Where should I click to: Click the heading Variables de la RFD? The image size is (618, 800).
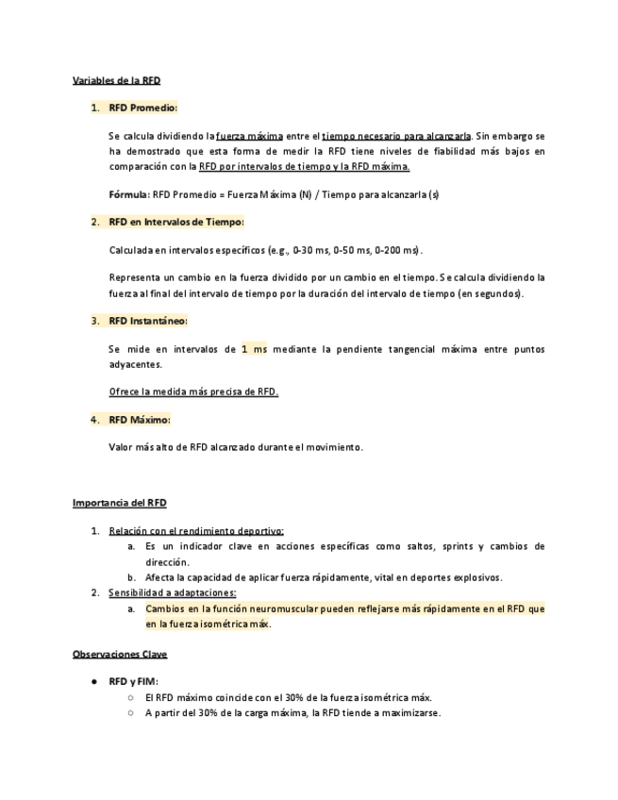pyautogui.click(x=116, y=81)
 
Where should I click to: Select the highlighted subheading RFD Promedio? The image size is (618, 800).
pyautogui.click(x=142, y=108)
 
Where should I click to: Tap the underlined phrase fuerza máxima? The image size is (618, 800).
pyautogui.click(x=249, y=136)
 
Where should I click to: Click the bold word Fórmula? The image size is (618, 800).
pyautogui.click(x=128, y=195)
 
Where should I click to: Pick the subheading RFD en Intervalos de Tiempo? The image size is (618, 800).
pyautogui.click(x=175, y=223)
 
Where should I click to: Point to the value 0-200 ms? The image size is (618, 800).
pyautogui.click(x=397, y=250)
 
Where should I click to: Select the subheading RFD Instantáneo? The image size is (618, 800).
pyautogui.click(x=148, y=321)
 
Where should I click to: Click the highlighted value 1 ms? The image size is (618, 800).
pyautogui.click(x=254, y=349)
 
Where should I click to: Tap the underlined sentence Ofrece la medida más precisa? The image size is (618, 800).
pyautogui.click(x=193, y=392)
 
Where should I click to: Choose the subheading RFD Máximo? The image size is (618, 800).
pyautogui.click(x=140, y=419)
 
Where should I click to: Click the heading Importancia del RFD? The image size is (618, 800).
pyautogui.click(x=119, y=503)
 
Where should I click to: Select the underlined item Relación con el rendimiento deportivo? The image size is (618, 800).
pyautogui.click(x=196, y=531)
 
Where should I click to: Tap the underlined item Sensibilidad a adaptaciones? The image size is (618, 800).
pyautogui.click(x=172, y=592)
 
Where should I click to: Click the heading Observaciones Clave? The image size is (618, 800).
pyautogui.click(x=120, y=654)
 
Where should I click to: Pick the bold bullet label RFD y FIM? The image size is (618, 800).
pyautogui.click(x=133, y=681)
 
